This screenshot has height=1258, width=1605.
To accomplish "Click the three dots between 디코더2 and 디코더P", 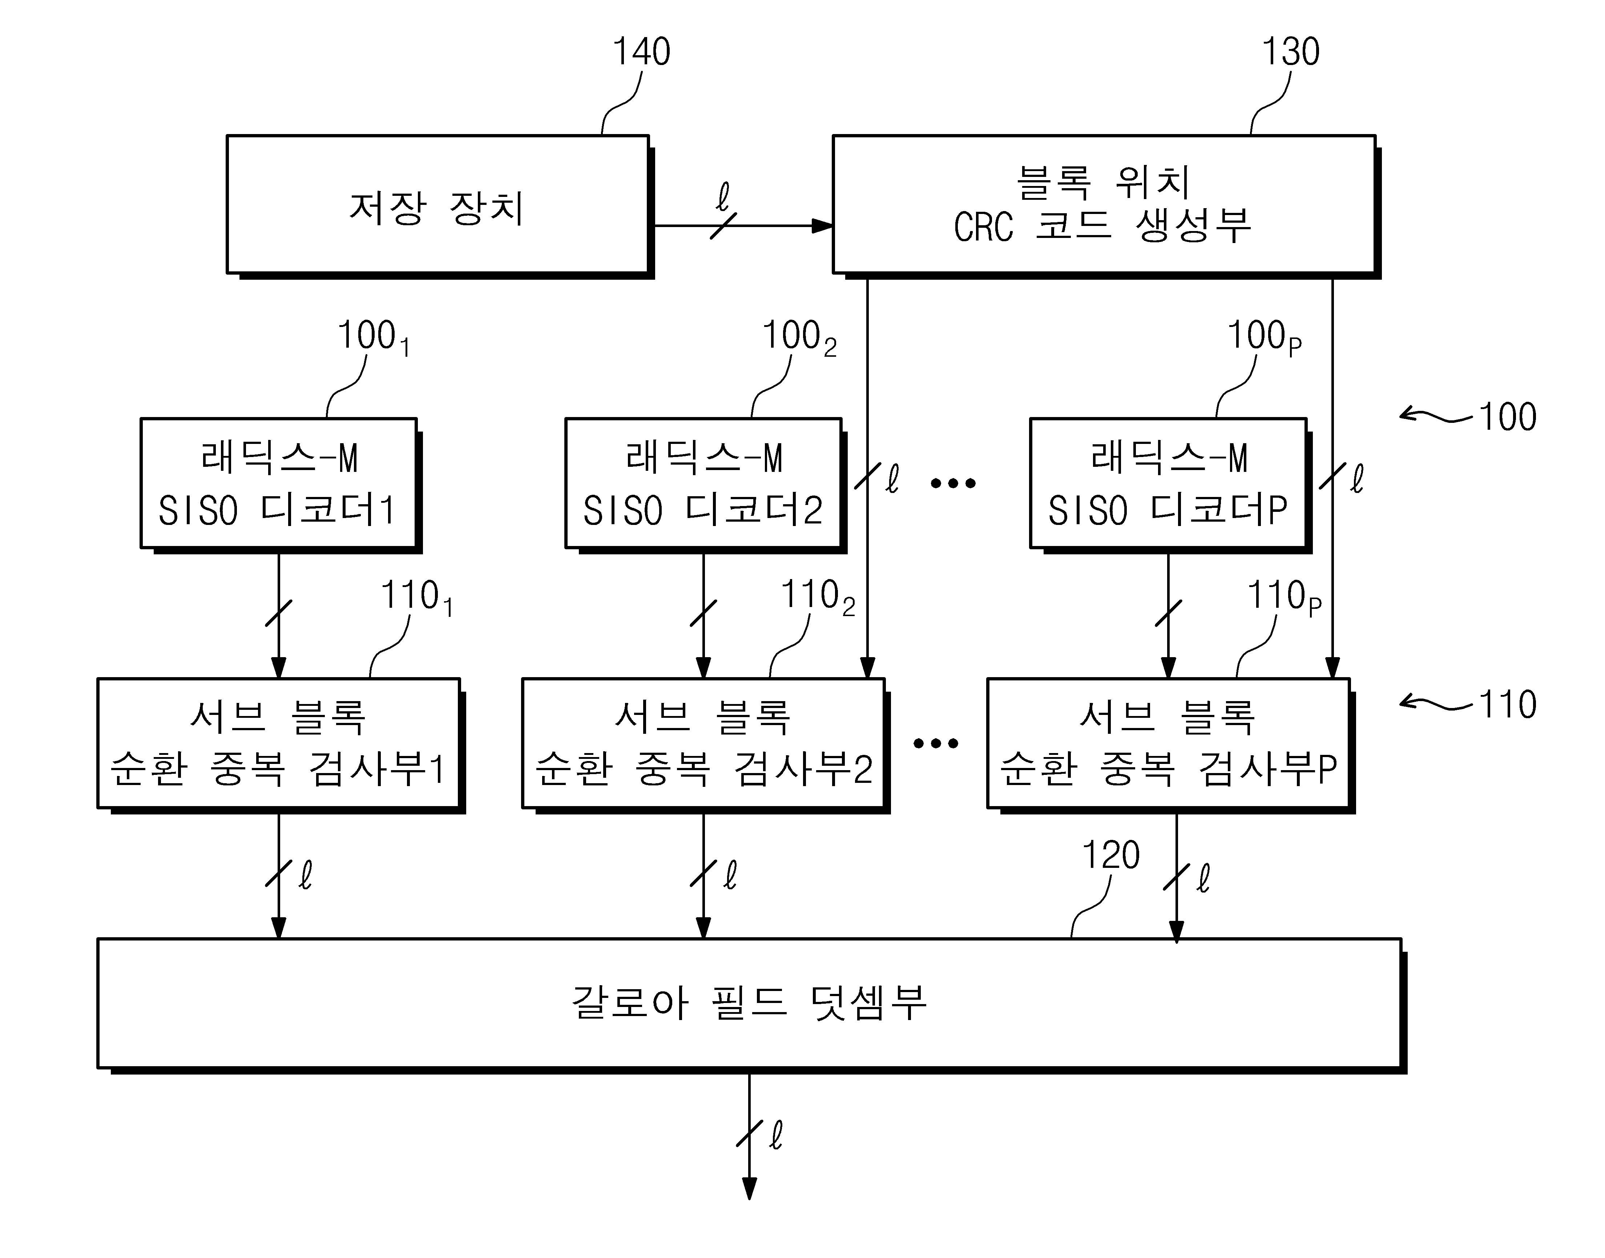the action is [953, 483].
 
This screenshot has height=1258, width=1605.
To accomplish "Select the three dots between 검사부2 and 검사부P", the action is [935, 743].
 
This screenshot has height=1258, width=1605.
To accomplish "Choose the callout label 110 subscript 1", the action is [417, 597].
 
